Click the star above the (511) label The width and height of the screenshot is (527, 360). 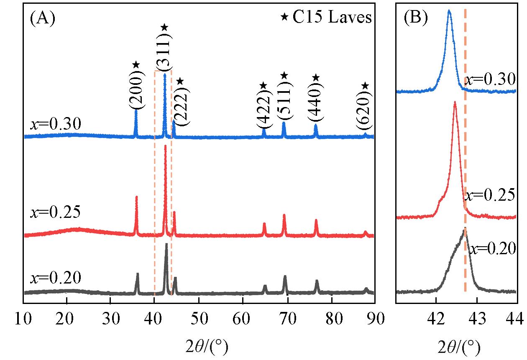tap(284, 75)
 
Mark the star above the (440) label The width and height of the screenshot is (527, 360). tap(316, 77)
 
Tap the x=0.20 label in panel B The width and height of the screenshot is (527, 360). tap(491, 249)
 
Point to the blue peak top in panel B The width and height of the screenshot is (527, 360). tap(449, 10)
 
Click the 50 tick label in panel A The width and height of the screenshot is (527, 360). tap(199, 318)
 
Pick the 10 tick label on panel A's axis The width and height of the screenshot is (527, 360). tap(23, 318)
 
